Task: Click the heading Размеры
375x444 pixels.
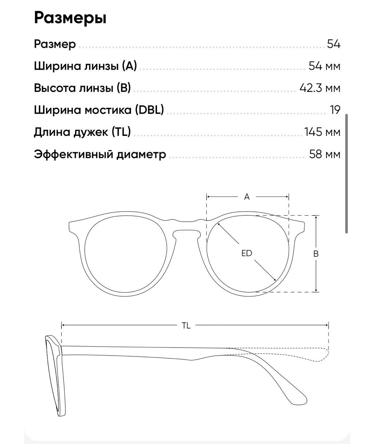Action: click(x=70, y=18)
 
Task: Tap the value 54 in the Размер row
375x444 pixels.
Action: click(x=334, y=44)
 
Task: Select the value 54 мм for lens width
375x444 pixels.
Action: click(x=324, y=66)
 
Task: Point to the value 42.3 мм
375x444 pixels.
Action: click(x=320, y=88)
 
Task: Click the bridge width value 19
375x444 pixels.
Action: click(x=335, y=110)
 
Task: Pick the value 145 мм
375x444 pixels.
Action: click(x=322, y=132)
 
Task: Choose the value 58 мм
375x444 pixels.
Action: click(x=325, y=154)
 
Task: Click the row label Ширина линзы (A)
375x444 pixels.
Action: click(x=85, y=66)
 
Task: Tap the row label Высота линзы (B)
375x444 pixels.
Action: click(x=82, y=88)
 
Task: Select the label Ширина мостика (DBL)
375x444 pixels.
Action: click(x=99, y=110)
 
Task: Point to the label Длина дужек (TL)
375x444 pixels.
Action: click(x=82, y=132)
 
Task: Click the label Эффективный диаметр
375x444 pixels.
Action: click(x=100, y=154)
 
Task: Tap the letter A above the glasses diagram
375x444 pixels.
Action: click(x=247, y=197)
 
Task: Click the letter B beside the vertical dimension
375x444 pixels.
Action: click(x=316, y=254)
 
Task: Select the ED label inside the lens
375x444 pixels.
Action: click(x=247, y=254)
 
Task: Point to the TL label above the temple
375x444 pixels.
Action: click(x=186, y=326)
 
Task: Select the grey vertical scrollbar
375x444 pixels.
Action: click(x=347, y=173)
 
